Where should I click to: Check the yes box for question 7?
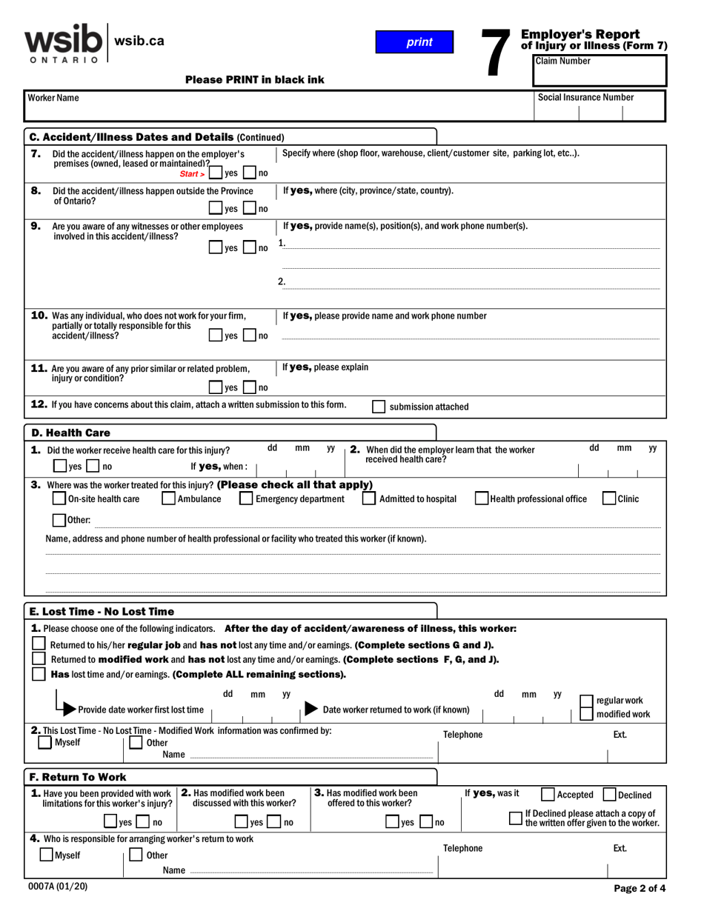tap(215, 173)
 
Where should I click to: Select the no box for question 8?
tap(250, 209)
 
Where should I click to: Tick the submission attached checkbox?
tap(378, 407)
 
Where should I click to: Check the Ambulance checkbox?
tap(168, 499)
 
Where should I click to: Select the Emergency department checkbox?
tap(246, 499)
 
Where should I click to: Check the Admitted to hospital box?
tap(369, 499)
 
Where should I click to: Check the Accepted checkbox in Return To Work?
tap(548, 795)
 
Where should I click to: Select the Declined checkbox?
tap(610, 795)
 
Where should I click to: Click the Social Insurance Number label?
tap(585, 97)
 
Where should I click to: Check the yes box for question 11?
tap(215, 387)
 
